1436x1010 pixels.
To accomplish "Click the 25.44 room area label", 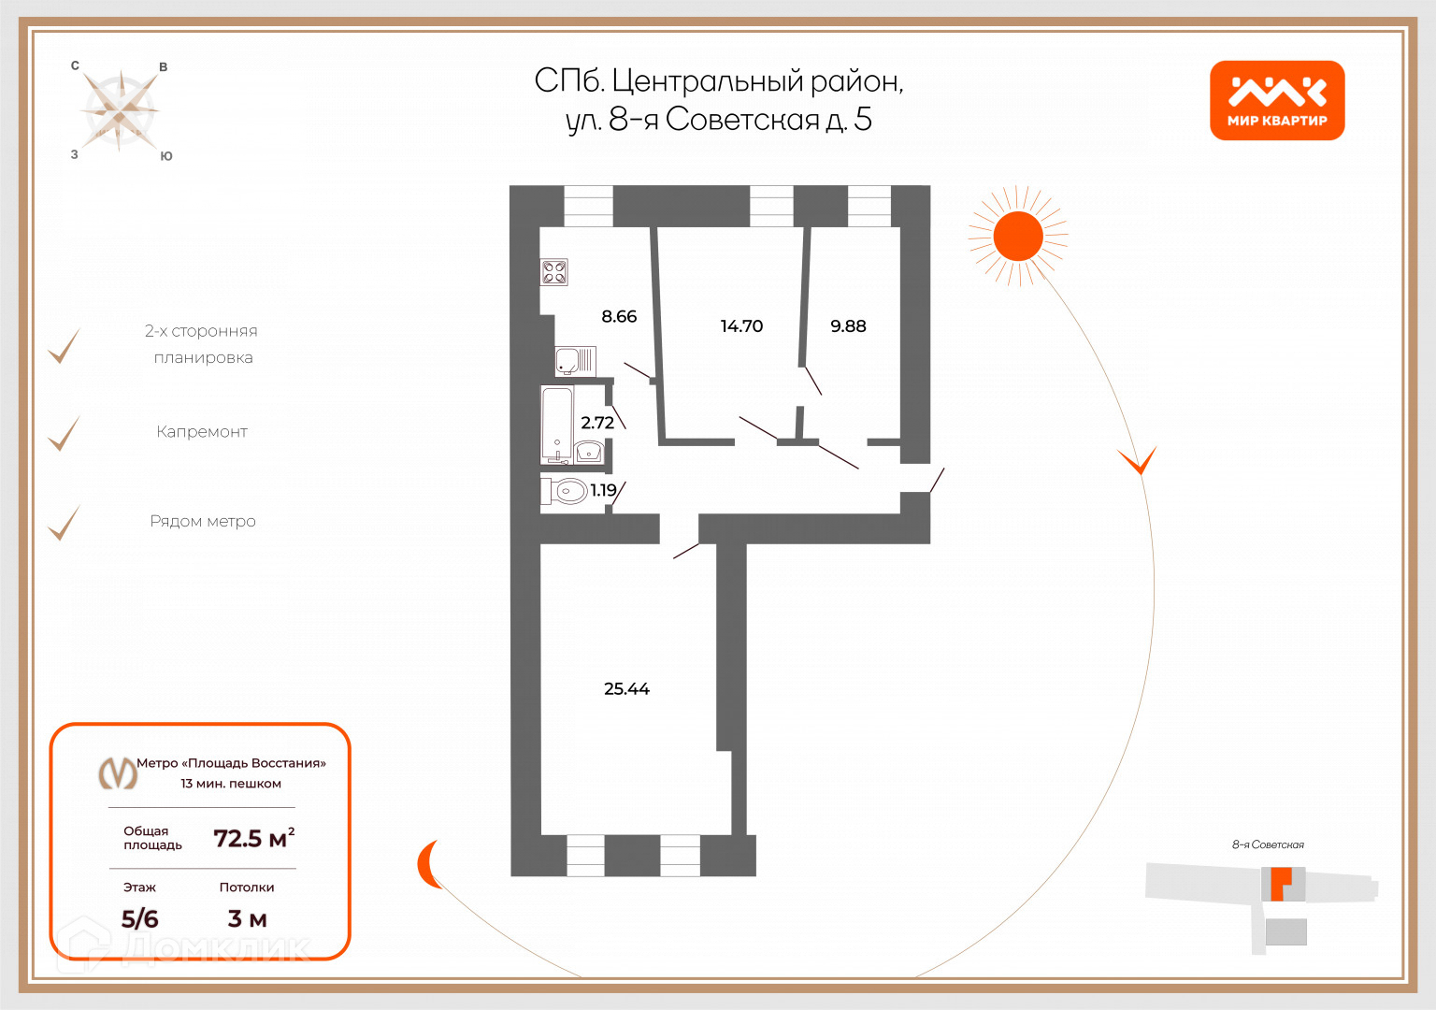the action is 626,689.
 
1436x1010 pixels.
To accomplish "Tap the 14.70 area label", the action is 741,326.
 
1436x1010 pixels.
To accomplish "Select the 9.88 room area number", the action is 848,326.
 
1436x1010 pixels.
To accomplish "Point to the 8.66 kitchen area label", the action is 619,317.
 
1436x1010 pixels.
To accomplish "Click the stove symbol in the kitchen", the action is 554,272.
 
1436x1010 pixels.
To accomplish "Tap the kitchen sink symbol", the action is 575,361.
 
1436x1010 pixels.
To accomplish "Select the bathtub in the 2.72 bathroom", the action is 557,425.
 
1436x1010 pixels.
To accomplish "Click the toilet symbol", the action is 567,490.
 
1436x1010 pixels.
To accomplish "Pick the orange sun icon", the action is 1017,236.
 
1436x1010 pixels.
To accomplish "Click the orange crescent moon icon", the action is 428,864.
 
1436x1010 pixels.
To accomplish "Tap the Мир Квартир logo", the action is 1277,101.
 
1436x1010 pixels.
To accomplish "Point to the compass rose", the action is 120,110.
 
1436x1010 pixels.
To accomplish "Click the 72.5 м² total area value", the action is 253,838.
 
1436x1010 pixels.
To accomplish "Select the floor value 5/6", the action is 140,919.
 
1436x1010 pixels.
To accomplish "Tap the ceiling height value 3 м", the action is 247,919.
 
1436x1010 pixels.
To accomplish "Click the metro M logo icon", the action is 118,773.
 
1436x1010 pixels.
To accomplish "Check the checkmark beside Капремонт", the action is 65,434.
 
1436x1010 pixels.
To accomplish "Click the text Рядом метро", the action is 203,522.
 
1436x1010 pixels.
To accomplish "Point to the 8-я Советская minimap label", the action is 1268,844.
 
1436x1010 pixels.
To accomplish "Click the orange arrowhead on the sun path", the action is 1138,460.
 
